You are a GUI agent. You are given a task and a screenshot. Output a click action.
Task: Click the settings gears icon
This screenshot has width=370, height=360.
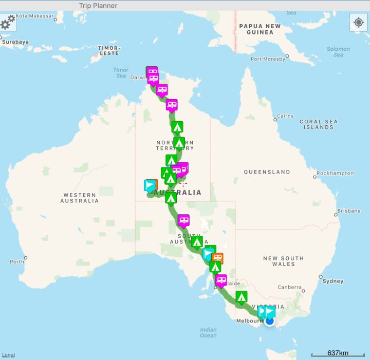(8, 22)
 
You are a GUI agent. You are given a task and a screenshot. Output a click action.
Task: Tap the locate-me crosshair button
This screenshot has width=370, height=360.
(358, 22)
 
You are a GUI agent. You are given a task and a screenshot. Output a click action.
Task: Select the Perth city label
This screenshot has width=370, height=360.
(17, 262)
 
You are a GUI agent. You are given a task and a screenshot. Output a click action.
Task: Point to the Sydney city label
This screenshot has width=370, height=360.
(333, 281)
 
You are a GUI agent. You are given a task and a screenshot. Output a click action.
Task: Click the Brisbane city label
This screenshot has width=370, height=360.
(349, 211)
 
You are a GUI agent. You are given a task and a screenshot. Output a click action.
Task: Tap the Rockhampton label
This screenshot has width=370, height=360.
(335, 173)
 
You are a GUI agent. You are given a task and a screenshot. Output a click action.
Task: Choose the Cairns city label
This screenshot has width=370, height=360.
(285, 116)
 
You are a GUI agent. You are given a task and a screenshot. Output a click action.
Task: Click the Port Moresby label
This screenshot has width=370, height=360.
(268, 59)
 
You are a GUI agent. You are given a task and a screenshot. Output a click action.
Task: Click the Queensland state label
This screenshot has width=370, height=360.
(267, 172)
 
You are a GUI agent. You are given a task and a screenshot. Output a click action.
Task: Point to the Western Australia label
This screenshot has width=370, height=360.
(80, 198)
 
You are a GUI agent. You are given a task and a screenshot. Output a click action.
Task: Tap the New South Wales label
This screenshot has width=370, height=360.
(283, 261)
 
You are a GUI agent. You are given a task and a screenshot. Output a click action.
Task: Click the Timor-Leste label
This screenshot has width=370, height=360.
(108, 50)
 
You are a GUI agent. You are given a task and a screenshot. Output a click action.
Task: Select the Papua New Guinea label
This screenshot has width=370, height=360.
(260, 29)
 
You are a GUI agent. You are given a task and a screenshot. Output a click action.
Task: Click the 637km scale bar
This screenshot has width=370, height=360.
(337, 353)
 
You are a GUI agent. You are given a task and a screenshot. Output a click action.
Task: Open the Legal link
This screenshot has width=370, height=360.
(8, 355)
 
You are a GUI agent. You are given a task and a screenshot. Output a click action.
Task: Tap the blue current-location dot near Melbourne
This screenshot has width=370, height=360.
(269, 321)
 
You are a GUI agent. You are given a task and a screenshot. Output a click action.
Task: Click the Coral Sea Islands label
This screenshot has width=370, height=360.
(319, 124)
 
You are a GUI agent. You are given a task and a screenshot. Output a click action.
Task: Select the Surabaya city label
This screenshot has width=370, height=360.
(15, 42)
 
